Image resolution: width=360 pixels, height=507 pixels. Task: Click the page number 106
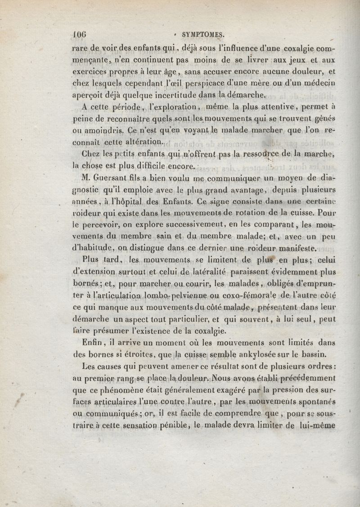[x=80, y=34]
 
